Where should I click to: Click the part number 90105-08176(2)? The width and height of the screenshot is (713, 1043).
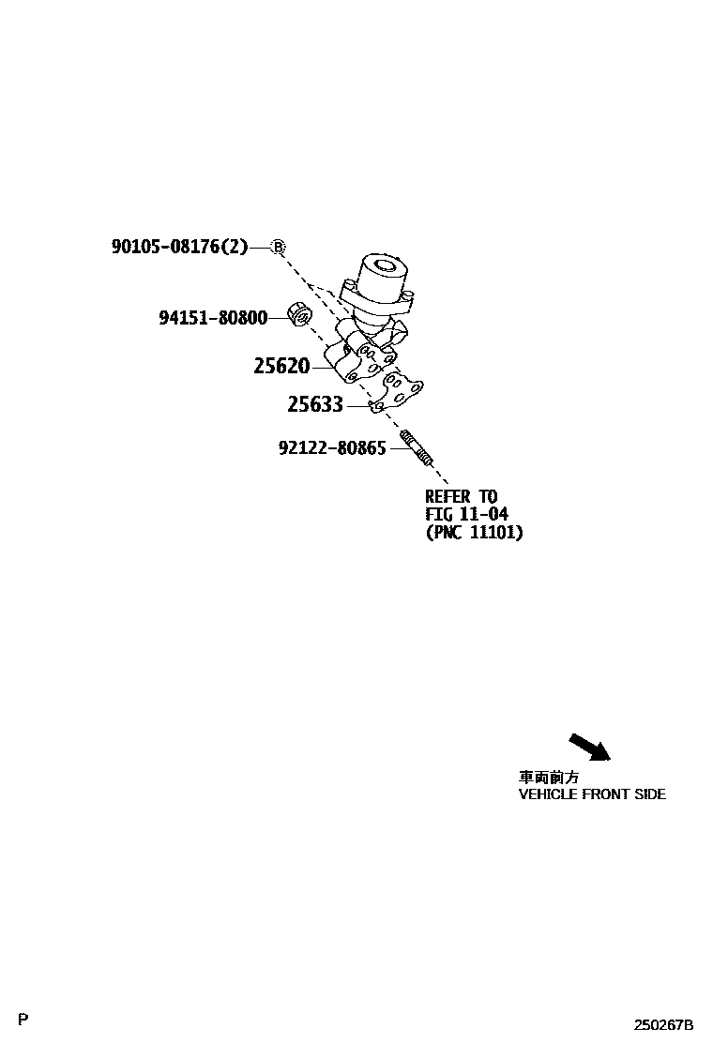(x=179, y=247)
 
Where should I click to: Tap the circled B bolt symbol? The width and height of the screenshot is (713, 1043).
(x=278, y=247)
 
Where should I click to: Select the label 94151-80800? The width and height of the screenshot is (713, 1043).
(x=213, y=318)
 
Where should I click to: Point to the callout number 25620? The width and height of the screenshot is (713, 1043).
(x=281, y=366)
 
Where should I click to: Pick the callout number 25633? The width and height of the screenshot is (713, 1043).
(x=314, y=405)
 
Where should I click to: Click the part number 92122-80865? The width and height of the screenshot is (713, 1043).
(x=332, y=448)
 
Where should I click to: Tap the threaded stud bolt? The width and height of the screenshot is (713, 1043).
(x=417, y=448)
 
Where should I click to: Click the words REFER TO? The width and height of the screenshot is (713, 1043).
(x=462, y=496)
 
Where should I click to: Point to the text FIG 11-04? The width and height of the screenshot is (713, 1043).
(x=466, y=514)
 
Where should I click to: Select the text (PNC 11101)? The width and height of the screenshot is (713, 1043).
(x=474, y=533)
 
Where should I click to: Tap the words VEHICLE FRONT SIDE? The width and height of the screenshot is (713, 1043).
(x=592, y=794)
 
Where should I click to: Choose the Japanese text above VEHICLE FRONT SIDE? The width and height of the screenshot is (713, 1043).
(x=549, y=778)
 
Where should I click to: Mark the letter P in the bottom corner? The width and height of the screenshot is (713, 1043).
(x=23, y=1020)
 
